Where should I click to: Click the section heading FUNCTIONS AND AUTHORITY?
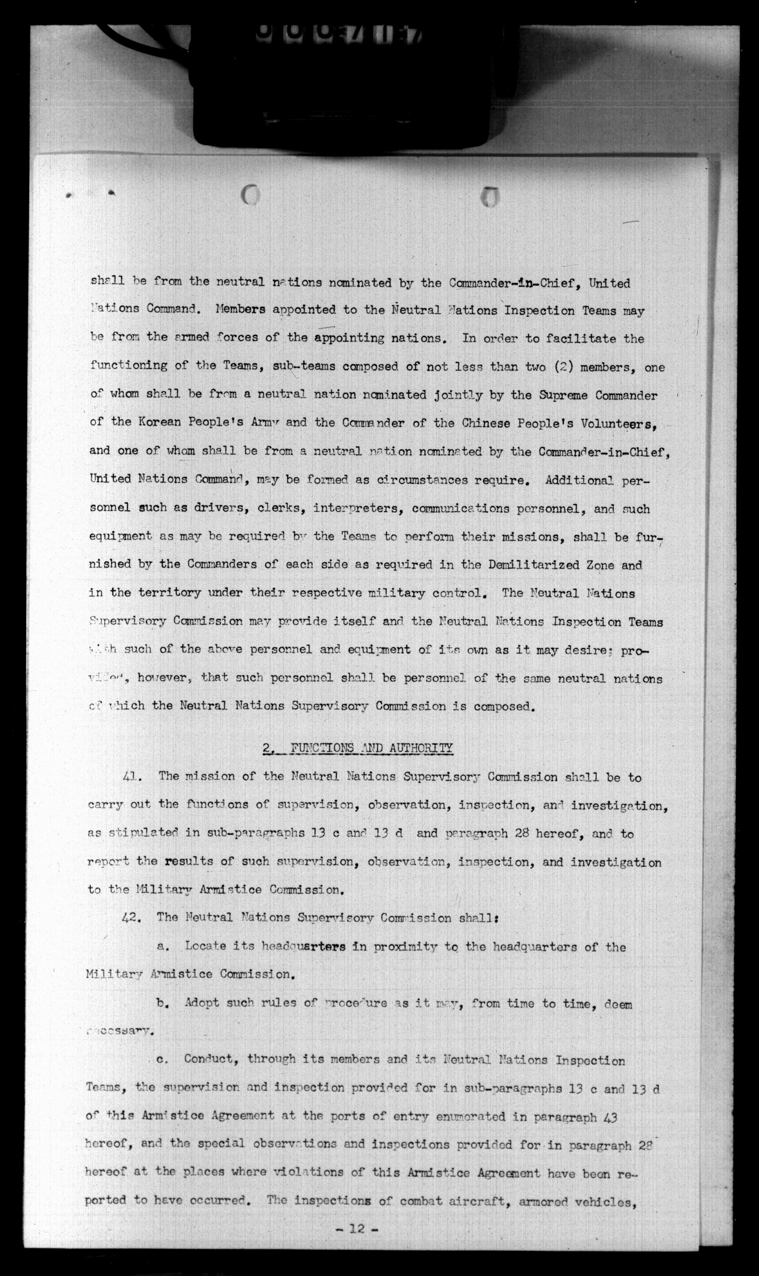click(371, 748)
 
